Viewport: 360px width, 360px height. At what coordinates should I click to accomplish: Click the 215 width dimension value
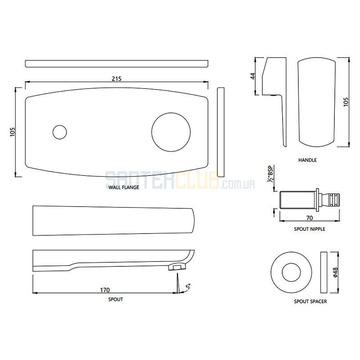pos(117,79)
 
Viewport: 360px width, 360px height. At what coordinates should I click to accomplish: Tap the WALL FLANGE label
pos(124,187)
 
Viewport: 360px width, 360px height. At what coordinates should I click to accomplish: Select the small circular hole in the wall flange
pos(60,132)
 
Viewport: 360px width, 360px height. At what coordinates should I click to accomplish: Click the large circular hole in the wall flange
pos(171,132)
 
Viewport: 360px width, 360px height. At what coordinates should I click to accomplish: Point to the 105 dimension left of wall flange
pos(13,132)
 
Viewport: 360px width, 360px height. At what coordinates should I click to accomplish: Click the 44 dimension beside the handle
pos(253,76)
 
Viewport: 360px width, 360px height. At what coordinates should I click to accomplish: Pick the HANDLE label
pos(307,160)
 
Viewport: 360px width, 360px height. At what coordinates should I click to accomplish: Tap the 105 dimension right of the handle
pos(346,102)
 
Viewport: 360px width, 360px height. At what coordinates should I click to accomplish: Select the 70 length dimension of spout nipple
pos(310,218)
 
